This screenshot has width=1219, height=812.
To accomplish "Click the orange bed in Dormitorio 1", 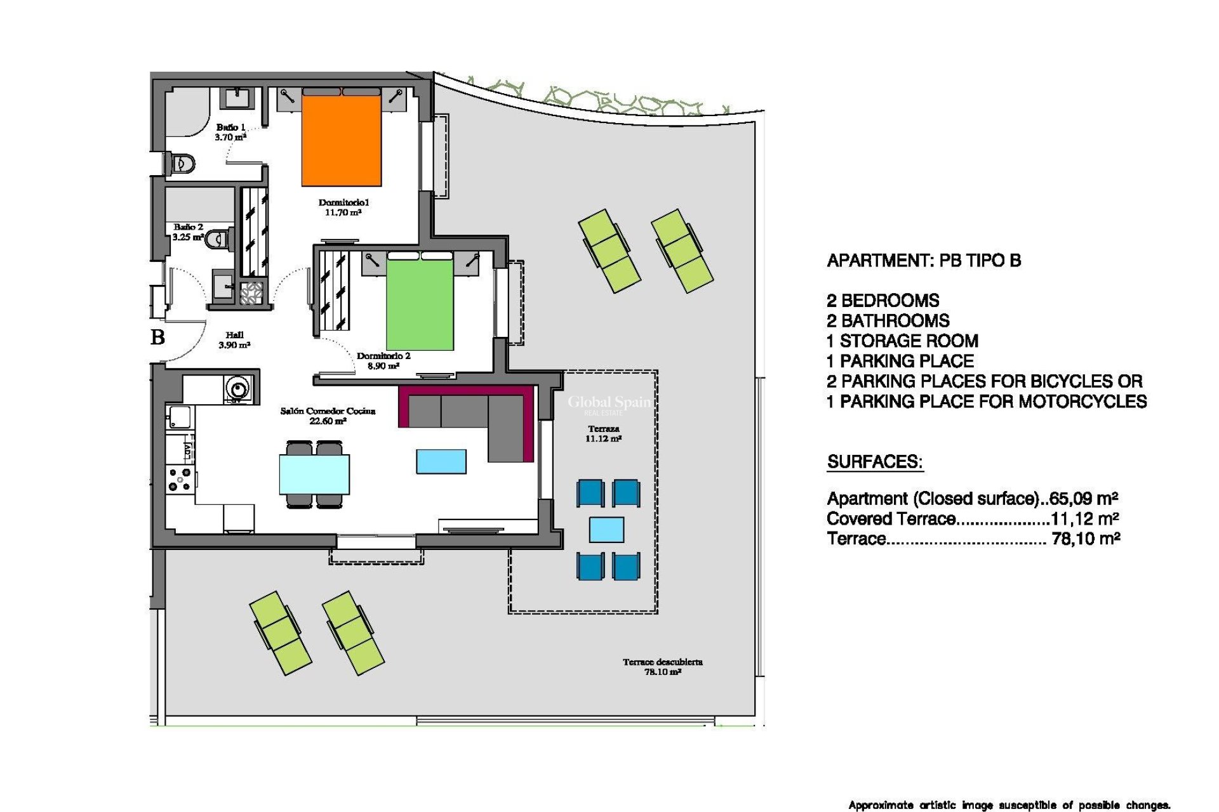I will [x=341, y=140].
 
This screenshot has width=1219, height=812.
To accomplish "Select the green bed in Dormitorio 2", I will [x=420, y=304].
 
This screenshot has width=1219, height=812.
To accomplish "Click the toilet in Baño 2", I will [x=218, y=239].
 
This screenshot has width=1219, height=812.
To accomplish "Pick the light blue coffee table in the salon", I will [x=441, y=461].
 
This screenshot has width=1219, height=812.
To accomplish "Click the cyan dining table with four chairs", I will [x=314, y=474].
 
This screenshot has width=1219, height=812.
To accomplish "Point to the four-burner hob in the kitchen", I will [x=179, y=480].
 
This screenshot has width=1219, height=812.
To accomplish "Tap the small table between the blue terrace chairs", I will [x=606, y=530].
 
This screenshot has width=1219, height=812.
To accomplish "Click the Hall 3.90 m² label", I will [x=234, y=340].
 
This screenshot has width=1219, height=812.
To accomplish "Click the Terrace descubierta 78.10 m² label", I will [x=662, y=667].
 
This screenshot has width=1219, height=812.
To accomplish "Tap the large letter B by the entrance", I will [x=158, y=337].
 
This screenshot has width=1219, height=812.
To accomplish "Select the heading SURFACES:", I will [x=874, y=462].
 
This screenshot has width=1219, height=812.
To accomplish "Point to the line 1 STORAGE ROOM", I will [x=902, y=341].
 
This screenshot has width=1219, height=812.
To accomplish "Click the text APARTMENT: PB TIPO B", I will [x=923, y=261].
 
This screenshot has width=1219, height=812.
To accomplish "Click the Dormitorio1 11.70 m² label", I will [x=343, y=207].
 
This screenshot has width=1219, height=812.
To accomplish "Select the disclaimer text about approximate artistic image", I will [x=1009, y=805].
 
